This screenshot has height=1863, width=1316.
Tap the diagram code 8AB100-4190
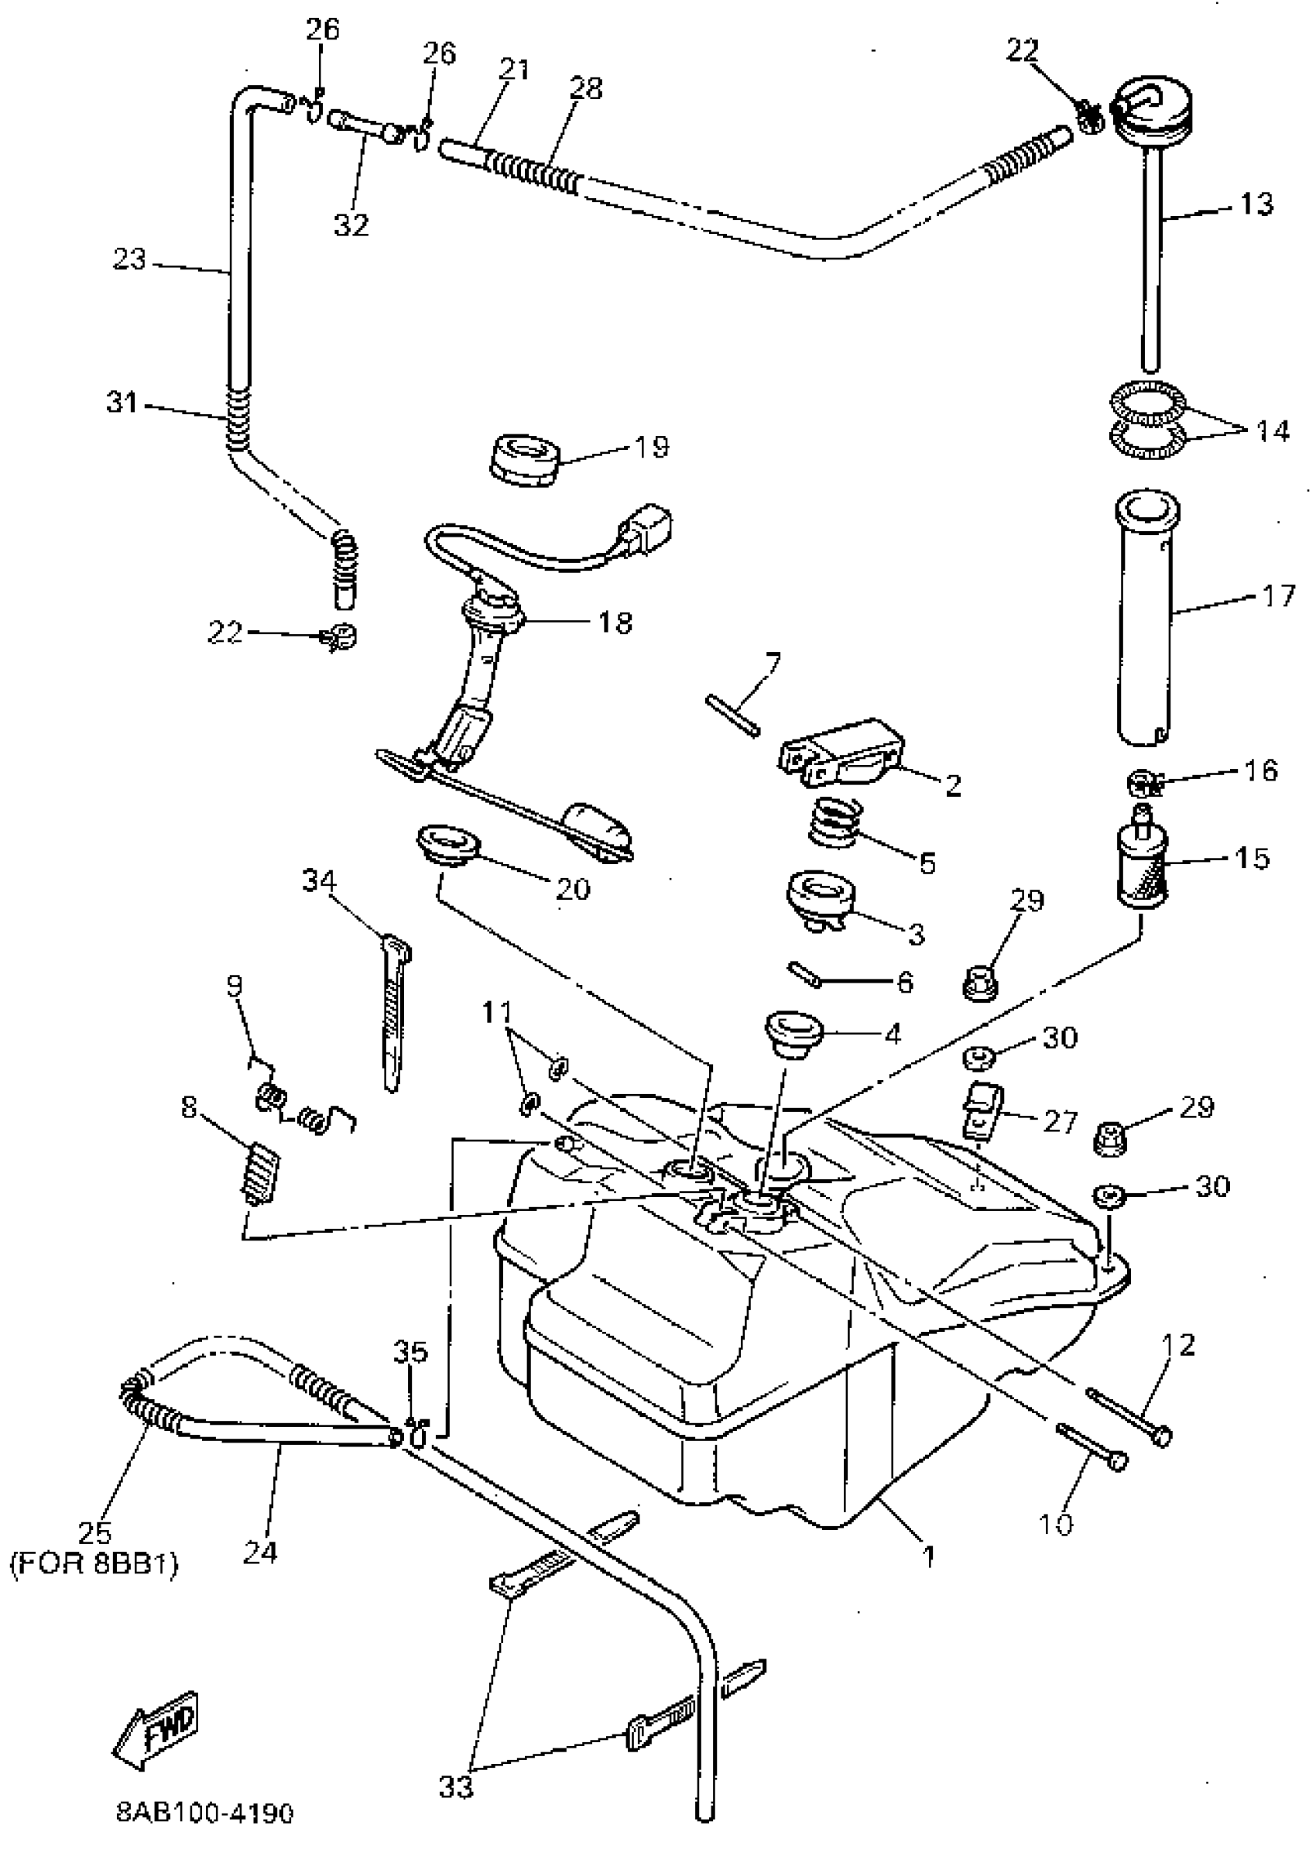click(x=204, y=1812)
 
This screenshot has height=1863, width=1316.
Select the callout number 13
click(x=1256, y=204)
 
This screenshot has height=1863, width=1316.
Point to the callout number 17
click(x=1279, y=596)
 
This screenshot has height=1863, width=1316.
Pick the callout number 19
click(x=652, y=446)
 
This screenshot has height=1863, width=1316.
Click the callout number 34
click(x=319, y=880)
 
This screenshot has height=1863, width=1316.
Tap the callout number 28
click(x=586, y=87)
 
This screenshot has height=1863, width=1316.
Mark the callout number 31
click(x=122, y=402)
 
